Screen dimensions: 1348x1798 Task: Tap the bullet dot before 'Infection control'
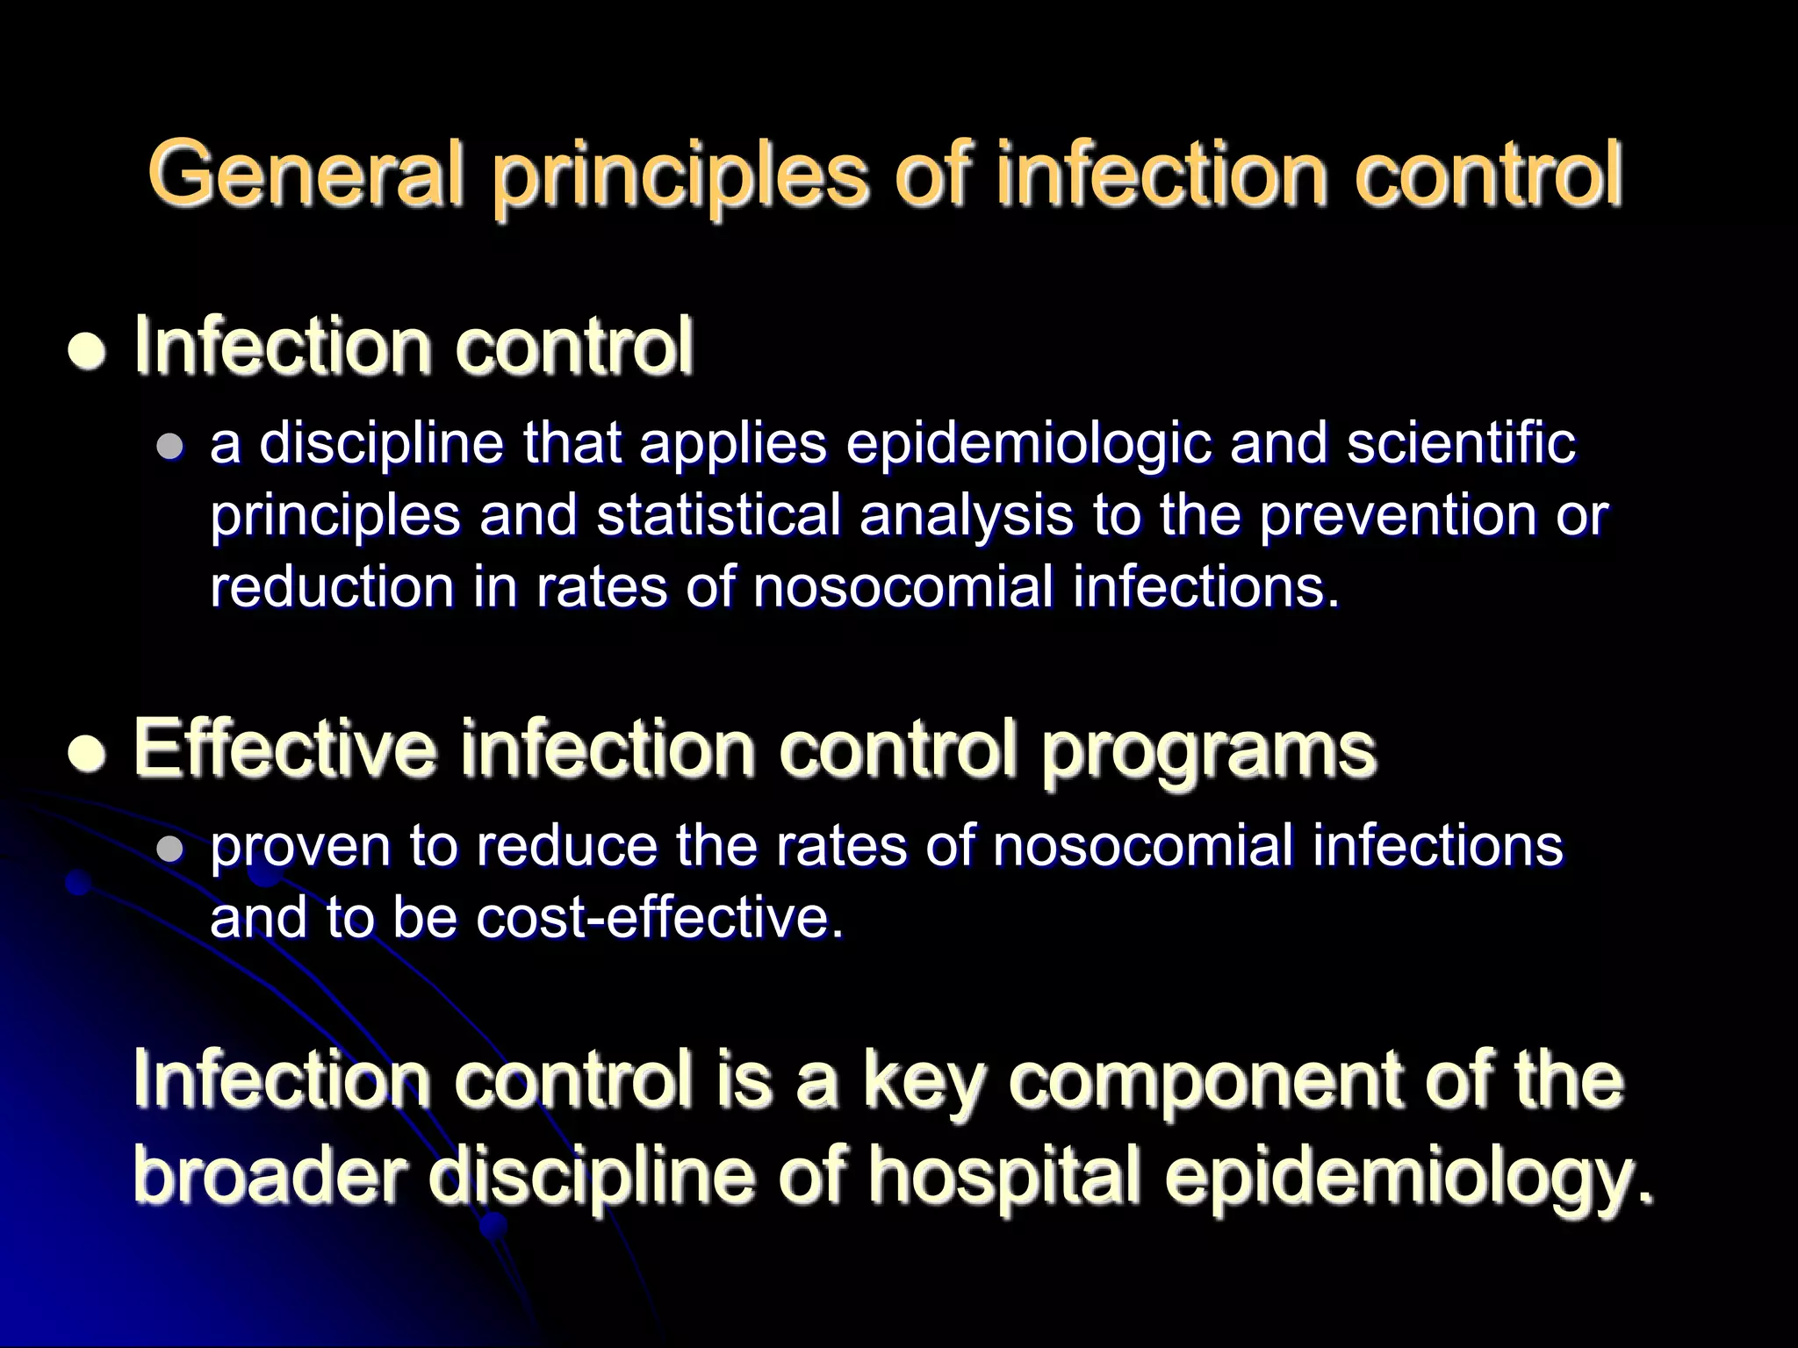point(88,351)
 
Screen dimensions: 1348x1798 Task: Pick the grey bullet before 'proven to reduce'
point(169,849)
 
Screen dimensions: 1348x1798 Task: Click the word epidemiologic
point(1028,444)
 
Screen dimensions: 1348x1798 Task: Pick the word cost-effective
point(658,918)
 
